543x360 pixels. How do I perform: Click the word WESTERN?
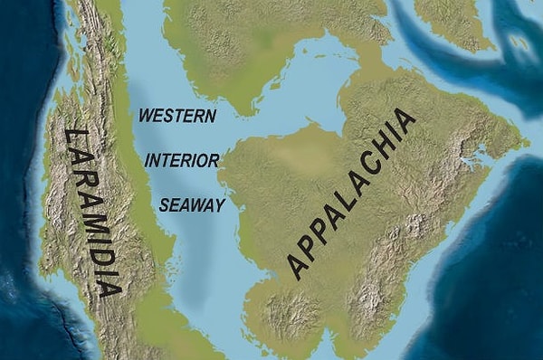pyautogui.click(x=178, y=117)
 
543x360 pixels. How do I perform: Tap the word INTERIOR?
pyautogui.click(x=182, y=161)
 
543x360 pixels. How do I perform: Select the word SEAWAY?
pyautogui.click(x=192, y=205)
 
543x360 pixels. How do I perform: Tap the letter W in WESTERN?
pyautogui.click(x=146, y=117)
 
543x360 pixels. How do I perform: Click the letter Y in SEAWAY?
pyautogui.click(x=218, y=205)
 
